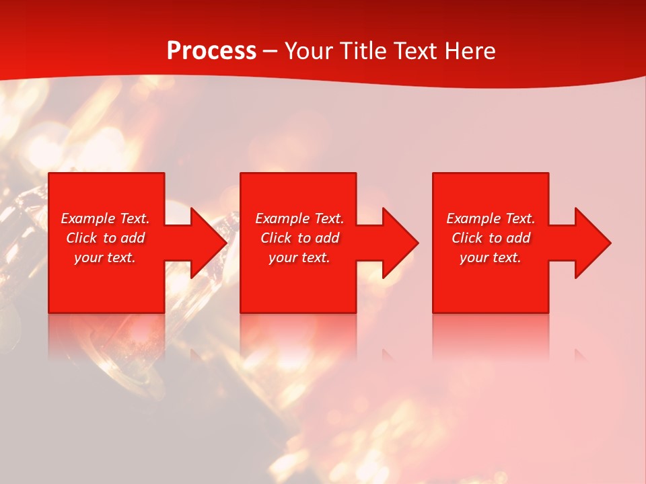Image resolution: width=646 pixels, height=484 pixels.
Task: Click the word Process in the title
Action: click(211, 51)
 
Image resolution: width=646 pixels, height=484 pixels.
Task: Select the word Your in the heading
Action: click(310, 51)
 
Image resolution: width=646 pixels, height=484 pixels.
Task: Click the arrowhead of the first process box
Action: click(209, 243)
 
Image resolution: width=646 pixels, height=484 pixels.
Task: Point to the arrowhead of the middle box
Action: click(400, 243)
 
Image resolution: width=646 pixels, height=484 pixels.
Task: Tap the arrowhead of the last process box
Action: click(593, 243)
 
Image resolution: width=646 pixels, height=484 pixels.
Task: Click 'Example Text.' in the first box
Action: click(105, 218)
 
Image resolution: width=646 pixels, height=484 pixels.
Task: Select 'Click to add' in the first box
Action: click(105, 238)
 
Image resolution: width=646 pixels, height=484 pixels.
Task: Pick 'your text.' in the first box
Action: click(105, 257)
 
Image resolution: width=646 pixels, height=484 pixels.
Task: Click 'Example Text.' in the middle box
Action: click(299, 218)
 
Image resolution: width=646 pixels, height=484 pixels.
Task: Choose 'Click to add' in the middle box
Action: click(299, 238)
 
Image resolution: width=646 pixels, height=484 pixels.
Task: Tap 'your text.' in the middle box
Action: click(299, 257)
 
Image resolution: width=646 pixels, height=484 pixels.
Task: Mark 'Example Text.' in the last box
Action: click(491, 218)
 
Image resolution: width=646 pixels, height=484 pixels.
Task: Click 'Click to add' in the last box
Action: click(491, 238)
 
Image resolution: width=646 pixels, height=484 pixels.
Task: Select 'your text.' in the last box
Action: click(491, 257)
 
